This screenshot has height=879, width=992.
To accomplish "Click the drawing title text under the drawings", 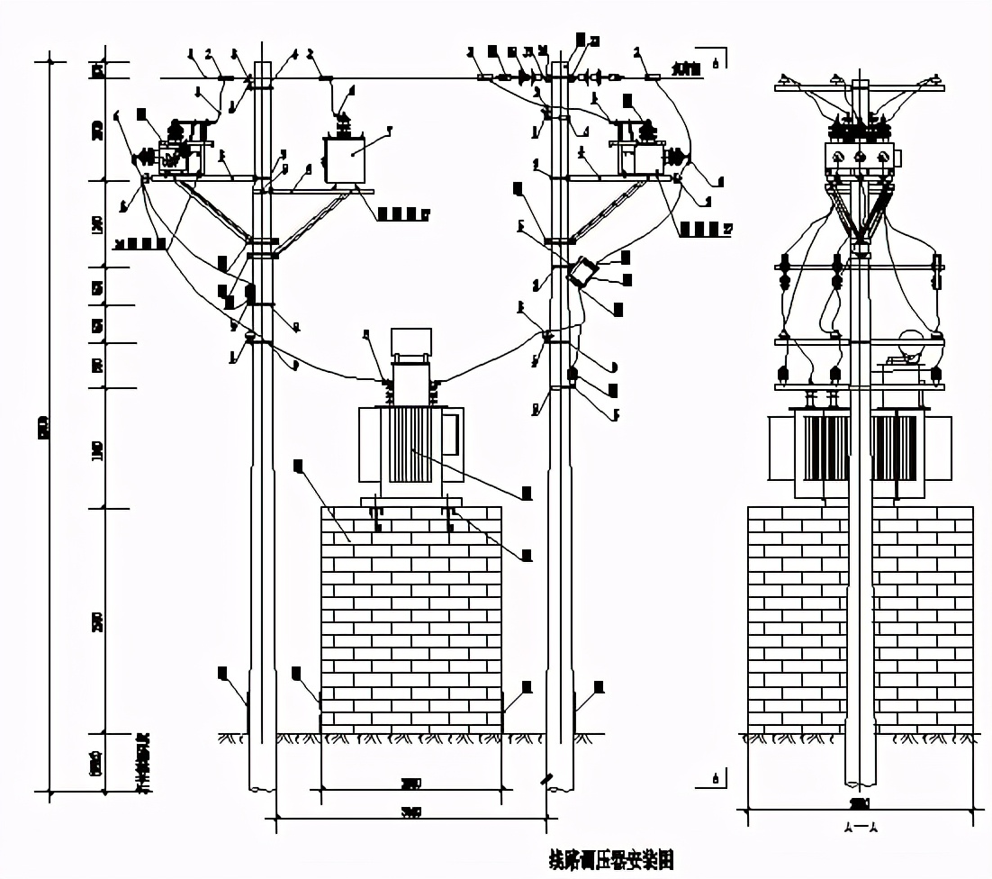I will coord(611,859).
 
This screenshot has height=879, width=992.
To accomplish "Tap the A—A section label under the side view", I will coord(861,827).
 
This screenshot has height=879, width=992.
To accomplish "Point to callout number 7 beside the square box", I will coord(389,131).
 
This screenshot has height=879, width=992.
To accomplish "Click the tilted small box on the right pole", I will coord(584,271).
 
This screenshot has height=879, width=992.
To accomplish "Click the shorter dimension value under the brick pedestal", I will coord(411,782).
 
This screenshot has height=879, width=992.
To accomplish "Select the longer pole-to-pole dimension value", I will coord(411,811).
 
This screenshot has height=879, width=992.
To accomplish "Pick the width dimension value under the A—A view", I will coord(860,802).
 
